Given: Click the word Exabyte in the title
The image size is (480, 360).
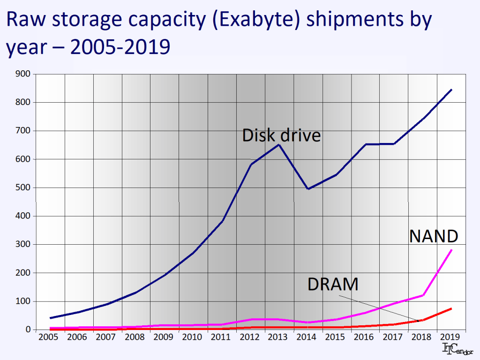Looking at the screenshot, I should (x=256, y=22).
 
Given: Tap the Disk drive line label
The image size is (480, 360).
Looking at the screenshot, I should (x=281, y=135).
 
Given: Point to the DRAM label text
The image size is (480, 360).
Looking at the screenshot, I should (x=333, y=285).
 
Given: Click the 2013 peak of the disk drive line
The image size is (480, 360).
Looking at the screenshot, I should (x=279, y=144).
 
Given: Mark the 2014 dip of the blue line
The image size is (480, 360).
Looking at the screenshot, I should (x=308, y=189).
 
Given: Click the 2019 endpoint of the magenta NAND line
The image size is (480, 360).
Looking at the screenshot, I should (x=451, y=250).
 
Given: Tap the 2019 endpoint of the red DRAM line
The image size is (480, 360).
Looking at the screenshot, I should (x=451, y=308).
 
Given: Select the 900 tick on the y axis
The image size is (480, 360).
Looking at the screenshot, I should (x=23, y=74).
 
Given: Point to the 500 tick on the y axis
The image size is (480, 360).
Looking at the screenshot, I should (x=23, y=187).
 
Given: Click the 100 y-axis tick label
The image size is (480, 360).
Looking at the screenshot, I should (x=23, y=301).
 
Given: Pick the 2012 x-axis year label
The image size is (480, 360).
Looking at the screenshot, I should (x=250, y=337).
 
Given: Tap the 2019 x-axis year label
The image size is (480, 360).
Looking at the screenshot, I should (x=451, y=337).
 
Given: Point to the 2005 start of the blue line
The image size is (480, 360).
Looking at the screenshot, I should (x=51, y=318).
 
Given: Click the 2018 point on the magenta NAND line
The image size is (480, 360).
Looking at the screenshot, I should (x=423, y=295).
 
